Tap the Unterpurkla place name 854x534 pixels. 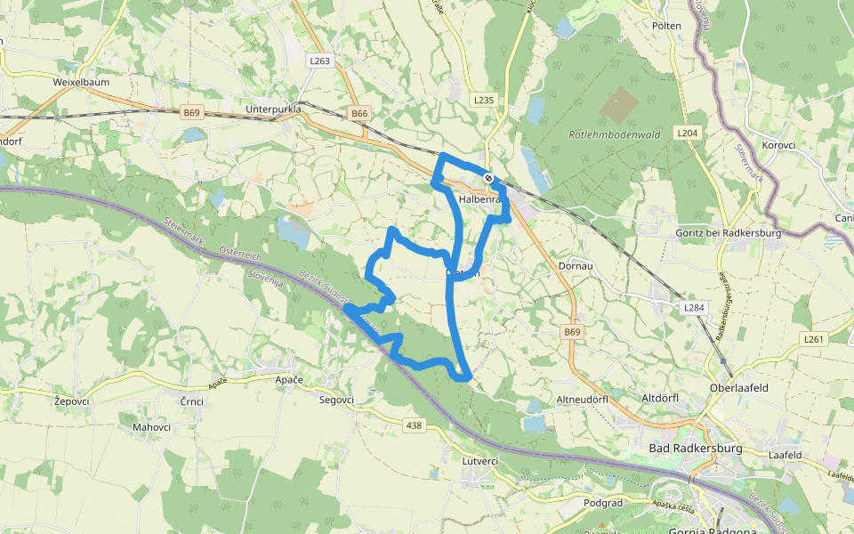point(273,109)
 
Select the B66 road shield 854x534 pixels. point(359,114)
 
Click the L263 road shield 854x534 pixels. point(320,61)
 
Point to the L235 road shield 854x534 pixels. point(483,101)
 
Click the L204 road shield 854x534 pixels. point(686,133)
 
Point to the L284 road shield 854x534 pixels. point(694,307)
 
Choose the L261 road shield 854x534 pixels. point(814,339)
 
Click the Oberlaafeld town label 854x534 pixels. point(738,388)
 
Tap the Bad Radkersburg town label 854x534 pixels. point(696,449)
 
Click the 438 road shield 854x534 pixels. point(414,426)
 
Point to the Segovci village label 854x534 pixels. point(336,400)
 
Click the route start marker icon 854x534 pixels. point(488,179)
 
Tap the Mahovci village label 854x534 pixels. point(151,427)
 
